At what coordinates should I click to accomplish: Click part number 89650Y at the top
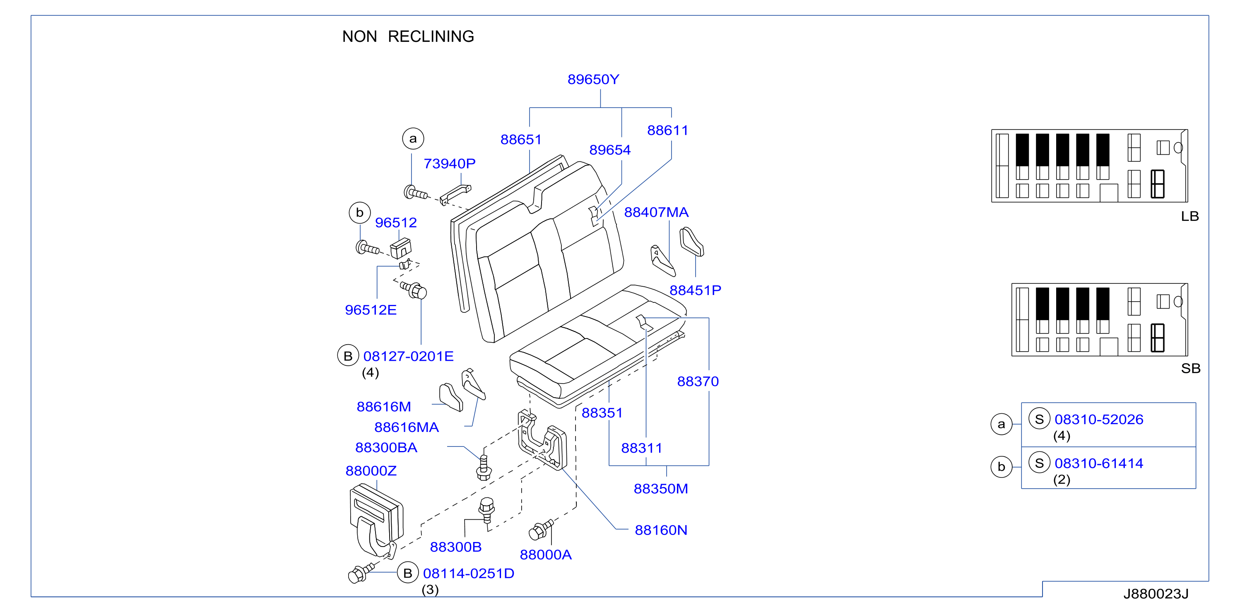point(593,79)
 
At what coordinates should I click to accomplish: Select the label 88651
point(521,139)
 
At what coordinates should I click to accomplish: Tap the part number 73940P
point(449,163)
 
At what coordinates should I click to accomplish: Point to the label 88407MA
point(656,212)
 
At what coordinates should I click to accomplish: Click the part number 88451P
point(695,290)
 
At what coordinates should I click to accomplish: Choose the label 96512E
point(371,310)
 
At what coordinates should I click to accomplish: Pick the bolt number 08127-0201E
point(408,356)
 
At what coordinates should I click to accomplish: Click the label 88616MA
point(406,427)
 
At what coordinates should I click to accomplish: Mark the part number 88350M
point(660,489)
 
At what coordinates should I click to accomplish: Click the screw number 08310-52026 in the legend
point(1098,420)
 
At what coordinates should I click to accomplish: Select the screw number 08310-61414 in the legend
point(1098,463)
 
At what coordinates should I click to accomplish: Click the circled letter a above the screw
point(413,139)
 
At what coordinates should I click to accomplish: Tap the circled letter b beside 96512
point(360,213)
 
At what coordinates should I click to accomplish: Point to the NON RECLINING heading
point(408,36)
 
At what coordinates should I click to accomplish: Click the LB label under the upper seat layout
point(1189,216)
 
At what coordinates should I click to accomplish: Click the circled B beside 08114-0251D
point(408,573)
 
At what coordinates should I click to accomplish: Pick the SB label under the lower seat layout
point(1190,369)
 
